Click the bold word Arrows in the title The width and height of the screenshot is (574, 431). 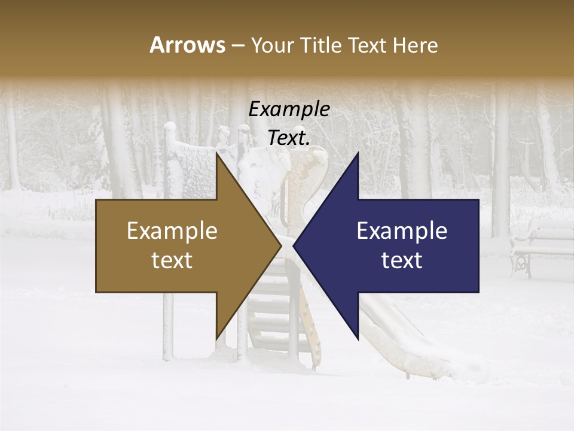[x=187, y=45]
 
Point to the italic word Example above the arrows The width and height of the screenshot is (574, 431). [x=289, y=110]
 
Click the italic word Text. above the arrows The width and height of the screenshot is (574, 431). [x=289, y=138]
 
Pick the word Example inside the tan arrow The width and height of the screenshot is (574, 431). [x=172, y=231]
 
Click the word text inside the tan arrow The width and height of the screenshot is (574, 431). [x=172, y=260]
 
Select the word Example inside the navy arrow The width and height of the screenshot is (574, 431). [x=402, y=231]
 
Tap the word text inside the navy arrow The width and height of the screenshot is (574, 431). [x=402, y=260]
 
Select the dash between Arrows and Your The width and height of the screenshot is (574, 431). [x=237, y=45]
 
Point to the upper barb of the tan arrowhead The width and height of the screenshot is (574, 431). [x=217, y=156]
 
